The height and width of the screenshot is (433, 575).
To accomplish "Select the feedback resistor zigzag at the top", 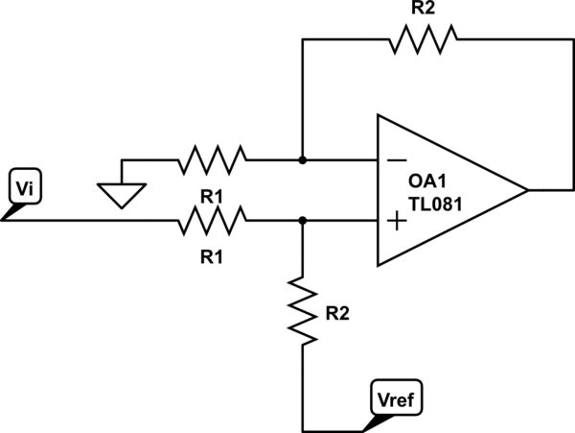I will tap(423, 39).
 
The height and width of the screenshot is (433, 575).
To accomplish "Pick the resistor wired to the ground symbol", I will tap(212, 158).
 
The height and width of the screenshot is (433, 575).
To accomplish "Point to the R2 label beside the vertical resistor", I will tap(337, 312).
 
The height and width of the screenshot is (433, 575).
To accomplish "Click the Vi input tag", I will tap(22, 186).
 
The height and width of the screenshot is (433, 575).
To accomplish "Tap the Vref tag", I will tap(394, 396).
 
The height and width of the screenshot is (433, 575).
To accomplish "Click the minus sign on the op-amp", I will tap(396, 159).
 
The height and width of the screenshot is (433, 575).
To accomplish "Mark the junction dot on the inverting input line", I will tap(302, 158).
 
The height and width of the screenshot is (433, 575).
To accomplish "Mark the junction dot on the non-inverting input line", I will tap(302, 221).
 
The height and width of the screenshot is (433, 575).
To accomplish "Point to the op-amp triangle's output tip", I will tap(527, 190).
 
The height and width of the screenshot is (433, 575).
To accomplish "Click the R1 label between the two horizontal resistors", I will tap(212, 196).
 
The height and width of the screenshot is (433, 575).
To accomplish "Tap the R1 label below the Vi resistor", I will tap(212, 257).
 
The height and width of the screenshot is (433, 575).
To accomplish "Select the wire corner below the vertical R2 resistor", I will tap(302, 428).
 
